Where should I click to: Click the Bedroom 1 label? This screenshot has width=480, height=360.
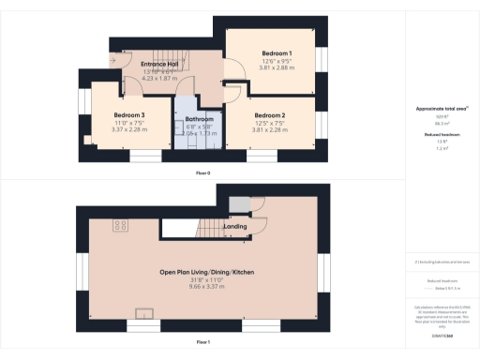pyautogui.click(x=277, y=53)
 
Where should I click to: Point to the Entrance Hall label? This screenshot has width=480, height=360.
pyautogui.click(x=145, y=64)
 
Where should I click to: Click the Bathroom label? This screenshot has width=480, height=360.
pyautogui.click(x=199, y=120)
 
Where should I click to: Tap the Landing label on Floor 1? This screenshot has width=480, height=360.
pyautogui.click(x=235, y=226)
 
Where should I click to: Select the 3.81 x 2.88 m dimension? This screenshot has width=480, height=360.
pyautogui.click(x=277, y=68)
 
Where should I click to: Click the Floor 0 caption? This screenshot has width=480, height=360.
pyautogui.click(x=202, y=173)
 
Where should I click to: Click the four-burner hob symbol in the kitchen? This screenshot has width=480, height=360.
pyautogui.click(x=121, y=225)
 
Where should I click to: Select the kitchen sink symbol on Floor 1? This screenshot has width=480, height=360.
pyautogui.click(x=146, y=313)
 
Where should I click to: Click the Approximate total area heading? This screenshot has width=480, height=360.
pyautogui.click(x=442, y=109)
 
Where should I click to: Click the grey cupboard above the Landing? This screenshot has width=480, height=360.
pyautogui.click(x=238, y=204)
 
